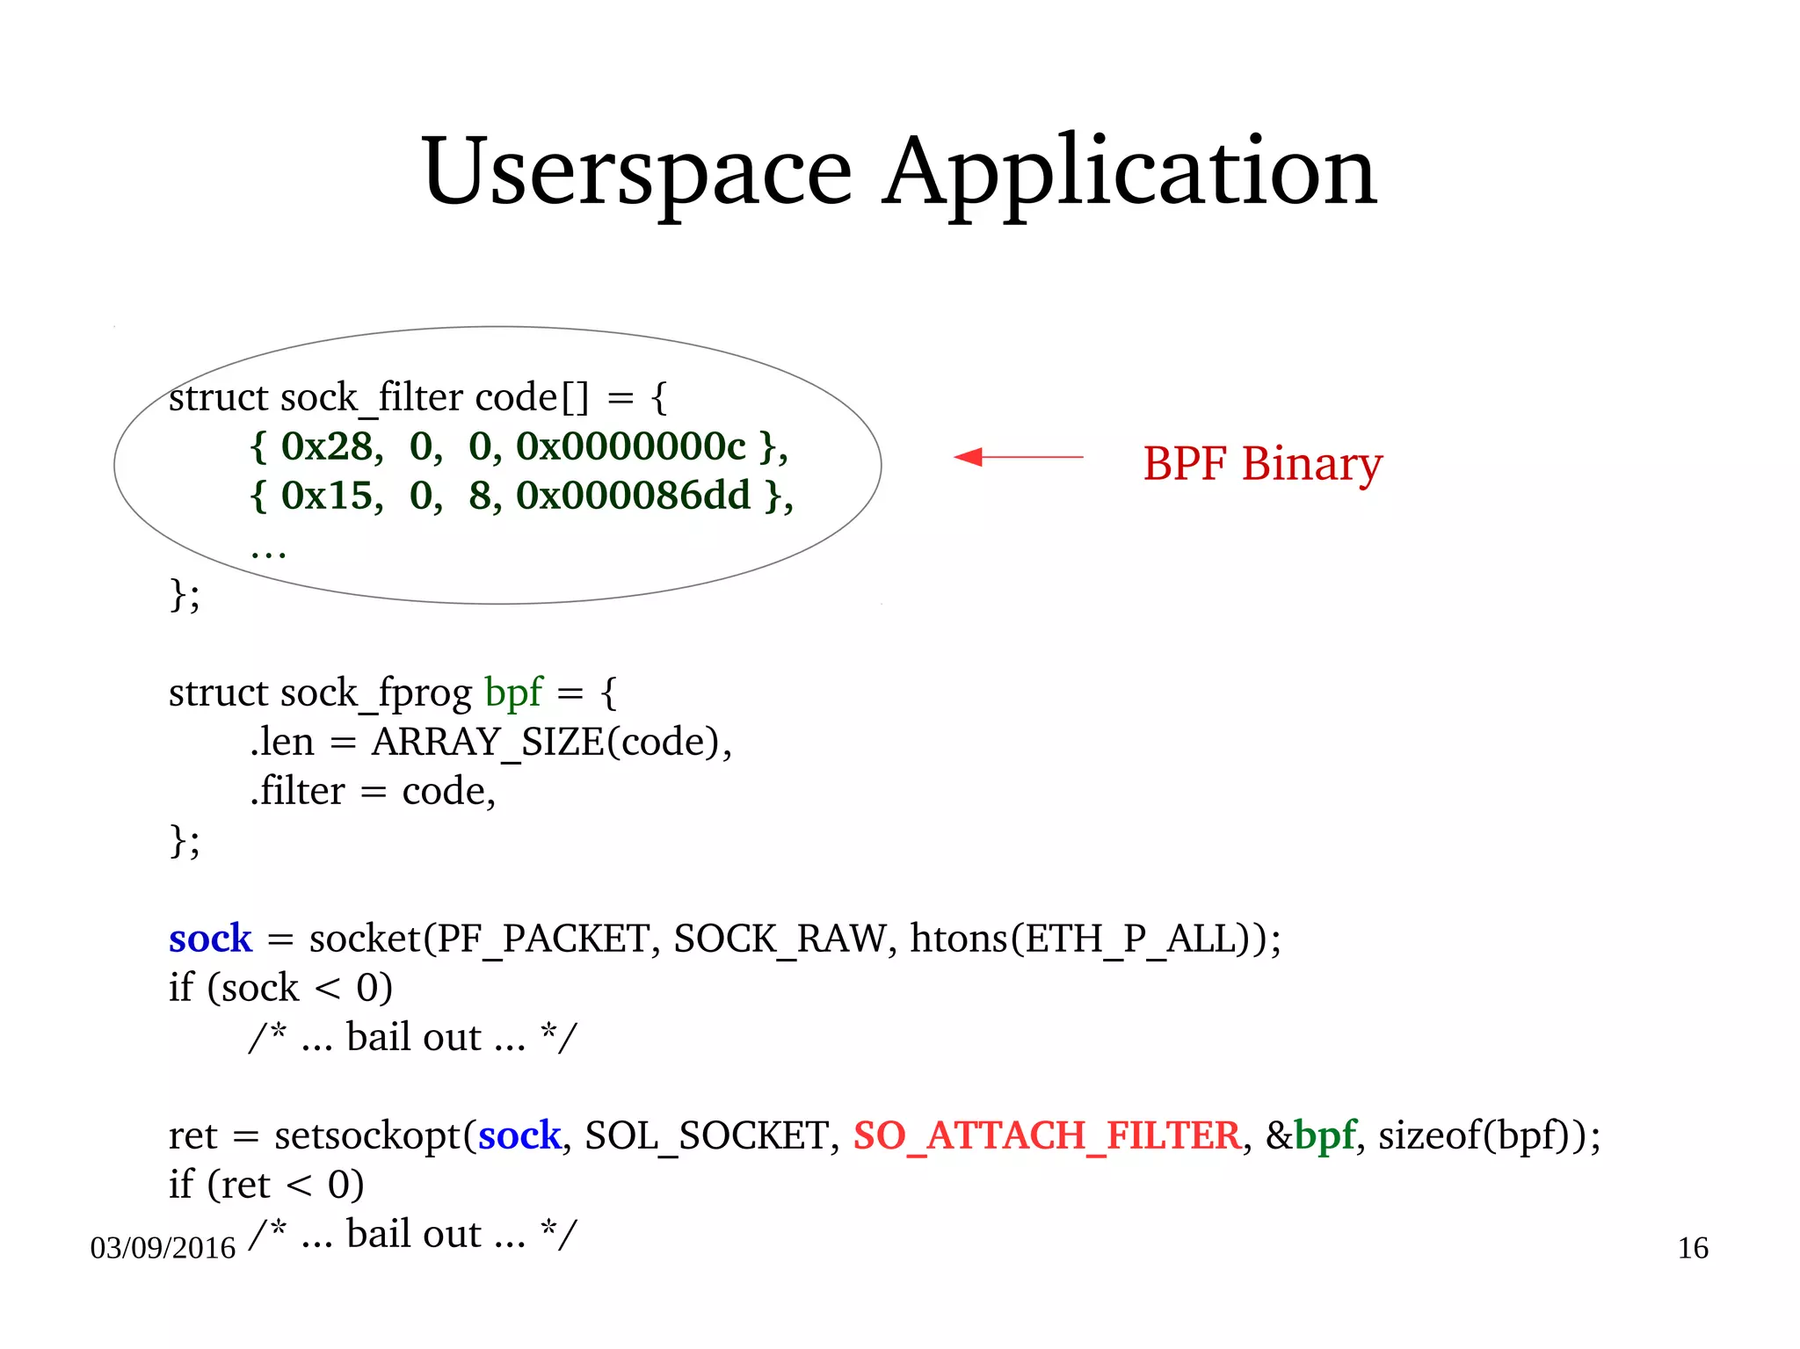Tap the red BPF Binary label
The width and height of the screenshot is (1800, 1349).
tap(1262, 463)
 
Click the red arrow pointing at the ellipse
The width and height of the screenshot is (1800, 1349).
tap(1018, 457)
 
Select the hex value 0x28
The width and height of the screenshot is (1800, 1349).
tap(331, 447)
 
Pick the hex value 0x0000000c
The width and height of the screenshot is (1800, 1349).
tap(630, 447)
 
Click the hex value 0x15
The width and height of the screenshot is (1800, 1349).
tap(331, 497)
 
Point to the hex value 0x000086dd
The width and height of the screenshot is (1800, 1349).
tap(633, 497)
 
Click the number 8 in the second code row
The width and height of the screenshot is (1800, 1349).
tap(480, 497)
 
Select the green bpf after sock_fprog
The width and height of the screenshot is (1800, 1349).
tap(513, 693)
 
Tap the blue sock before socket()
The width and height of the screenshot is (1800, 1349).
tap(210, 939)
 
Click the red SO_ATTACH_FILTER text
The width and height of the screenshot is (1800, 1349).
tap(1047, 1135)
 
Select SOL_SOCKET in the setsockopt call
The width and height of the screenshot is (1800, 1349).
tap(708, 1135)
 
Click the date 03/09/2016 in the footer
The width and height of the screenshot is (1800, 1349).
tap(163, 1248)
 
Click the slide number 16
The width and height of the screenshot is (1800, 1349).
tap(1693, 1248)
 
